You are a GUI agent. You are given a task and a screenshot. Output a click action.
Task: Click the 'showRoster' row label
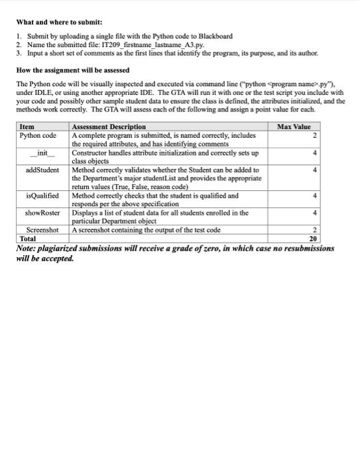click(x=42, y=213)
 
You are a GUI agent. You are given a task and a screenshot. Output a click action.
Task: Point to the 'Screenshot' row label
click(x=42, y=230)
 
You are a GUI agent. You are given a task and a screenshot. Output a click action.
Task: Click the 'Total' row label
click(x=28, y=238)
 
